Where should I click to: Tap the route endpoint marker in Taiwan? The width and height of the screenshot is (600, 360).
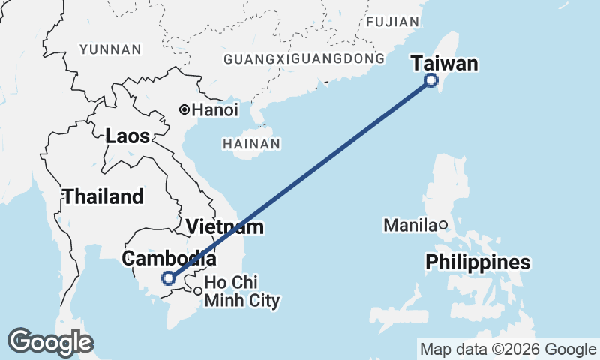coord(431,80)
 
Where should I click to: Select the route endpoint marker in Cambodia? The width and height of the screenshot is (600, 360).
coord(169,278)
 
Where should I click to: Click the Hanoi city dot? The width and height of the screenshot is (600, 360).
coord(184,109)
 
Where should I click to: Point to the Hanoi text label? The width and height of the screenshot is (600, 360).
coord(214,109)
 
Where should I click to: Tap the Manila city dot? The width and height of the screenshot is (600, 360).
coord(443,224)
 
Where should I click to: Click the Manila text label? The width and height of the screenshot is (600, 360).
coord(409,225)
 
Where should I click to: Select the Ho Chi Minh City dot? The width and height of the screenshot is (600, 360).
coord(196,291)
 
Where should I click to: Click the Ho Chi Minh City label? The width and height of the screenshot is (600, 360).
coord(241,292)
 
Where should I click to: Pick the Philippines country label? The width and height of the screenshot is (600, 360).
coord(478,262)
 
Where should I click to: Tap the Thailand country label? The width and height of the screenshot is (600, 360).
coord(103,197)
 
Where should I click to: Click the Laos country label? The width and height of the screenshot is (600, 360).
coord(127,136)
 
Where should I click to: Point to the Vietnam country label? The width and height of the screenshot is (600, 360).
coord(225,226)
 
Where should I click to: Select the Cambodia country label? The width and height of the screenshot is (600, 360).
coord(169,259)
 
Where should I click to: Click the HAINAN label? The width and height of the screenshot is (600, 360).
coord(251,143)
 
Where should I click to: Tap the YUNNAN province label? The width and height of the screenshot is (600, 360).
coord(110,49)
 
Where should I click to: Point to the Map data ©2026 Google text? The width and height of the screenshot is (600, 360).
coord(508,349)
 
